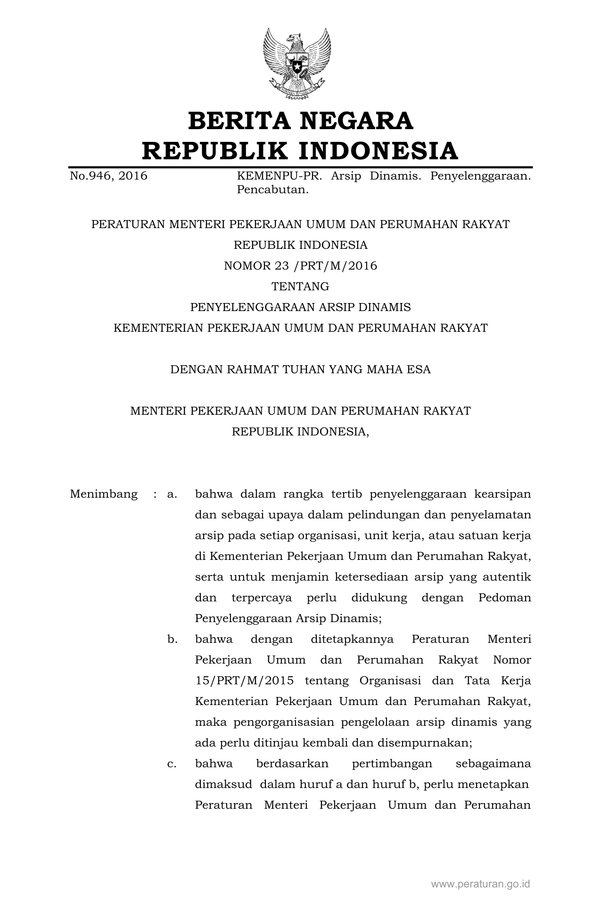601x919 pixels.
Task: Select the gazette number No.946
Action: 91,176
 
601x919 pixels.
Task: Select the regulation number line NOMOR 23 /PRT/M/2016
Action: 300,266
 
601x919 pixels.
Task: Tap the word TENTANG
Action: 300,287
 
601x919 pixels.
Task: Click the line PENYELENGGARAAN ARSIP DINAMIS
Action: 300,307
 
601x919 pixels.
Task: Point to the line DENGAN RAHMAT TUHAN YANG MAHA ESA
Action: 300,369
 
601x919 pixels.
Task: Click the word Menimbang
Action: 104,494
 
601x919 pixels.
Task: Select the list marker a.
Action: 172,494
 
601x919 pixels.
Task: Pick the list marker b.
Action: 172,640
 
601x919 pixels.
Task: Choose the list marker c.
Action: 172,764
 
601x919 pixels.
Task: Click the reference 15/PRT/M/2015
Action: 244,681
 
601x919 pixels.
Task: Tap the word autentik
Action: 509,577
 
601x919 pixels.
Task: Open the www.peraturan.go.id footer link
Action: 480,884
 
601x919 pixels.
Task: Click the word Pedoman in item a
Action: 504,598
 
